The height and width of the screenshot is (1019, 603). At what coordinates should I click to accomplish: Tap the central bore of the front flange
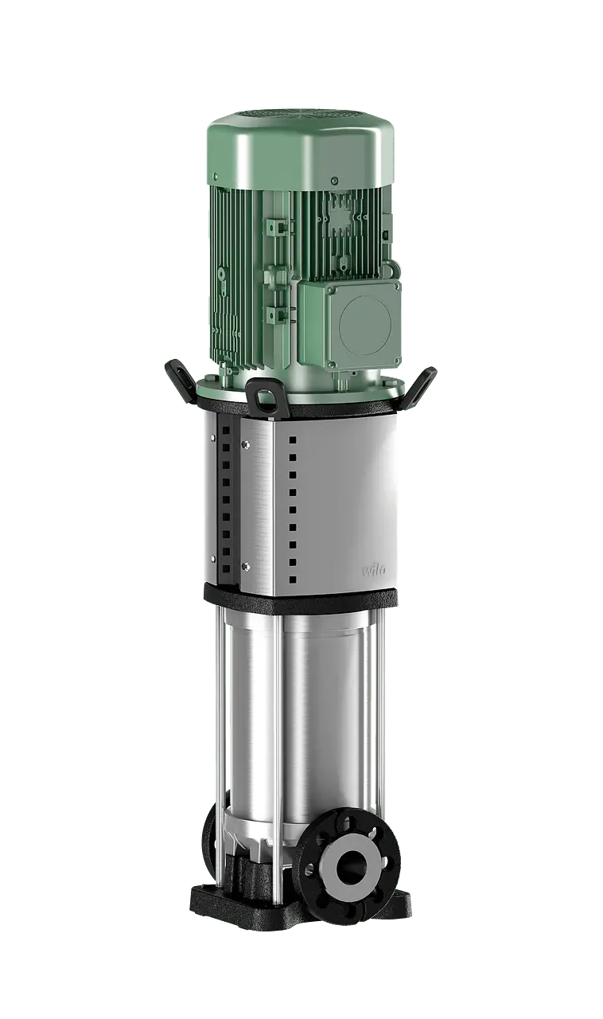point(351,864)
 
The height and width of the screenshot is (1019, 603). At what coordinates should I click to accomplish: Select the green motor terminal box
point(350,322)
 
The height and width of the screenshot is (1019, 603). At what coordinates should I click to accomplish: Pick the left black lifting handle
point(179,377)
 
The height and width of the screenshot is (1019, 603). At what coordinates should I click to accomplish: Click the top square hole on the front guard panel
point(293,439)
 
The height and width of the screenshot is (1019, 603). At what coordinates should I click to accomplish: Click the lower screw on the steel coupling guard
point(245,566)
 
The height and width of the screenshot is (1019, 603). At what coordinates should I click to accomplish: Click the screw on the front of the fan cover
point(335,181)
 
